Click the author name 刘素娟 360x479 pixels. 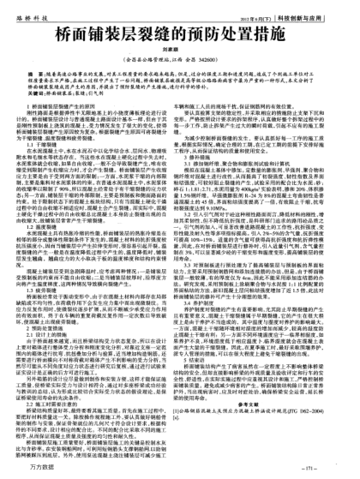pos(180,57)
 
